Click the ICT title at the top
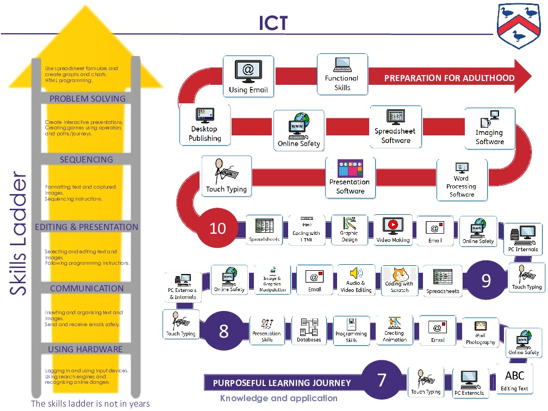pos(273,23)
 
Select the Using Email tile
pos(248,77)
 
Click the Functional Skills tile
pos(342,74)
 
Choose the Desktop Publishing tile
pos(205,125)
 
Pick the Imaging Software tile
pos(490,128)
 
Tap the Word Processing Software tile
pos(462,180)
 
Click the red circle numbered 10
pos(217,228)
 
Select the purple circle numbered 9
pos(486,280)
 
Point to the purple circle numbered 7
pos(382,380)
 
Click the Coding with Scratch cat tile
pos(400,280)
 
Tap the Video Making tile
pos(393,230)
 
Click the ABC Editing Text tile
pos(514,379)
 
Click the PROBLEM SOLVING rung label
pos(87,98)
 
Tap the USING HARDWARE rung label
pos(85,349)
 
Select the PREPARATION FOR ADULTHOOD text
pos(449,78)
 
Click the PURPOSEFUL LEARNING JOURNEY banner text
pos(282,383)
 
